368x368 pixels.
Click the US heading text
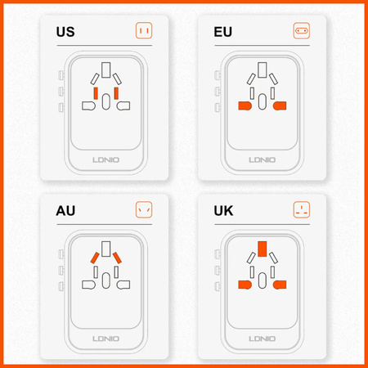tap(66, 33)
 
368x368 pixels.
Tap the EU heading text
tap(223, 33)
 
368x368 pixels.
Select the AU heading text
tap(67, 211)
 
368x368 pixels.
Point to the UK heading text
tap(224, 211)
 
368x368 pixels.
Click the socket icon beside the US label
tap(144, 32)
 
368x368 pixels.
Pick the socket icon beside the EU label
tap(302, 32)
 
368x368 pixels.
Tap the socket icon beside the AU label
tap(144, 210)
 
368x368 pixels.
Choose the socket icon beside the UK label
tap(302, 210)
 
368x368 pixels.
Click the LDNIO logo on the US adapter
tap(105, 158)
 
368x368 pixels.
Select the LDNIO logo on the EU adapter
tap(262, 158)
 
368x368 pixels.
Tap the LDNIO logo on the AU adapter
tap(105, 336)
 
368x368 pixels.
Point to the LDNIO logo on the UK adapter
tap(262, 336)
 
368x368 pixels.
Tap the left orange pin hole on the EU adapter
tap(243, 106)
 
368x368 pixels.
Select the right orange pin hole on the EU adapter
tap(280, 106)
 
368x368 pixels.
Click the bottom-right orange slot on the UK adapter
tap(280, 285)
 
